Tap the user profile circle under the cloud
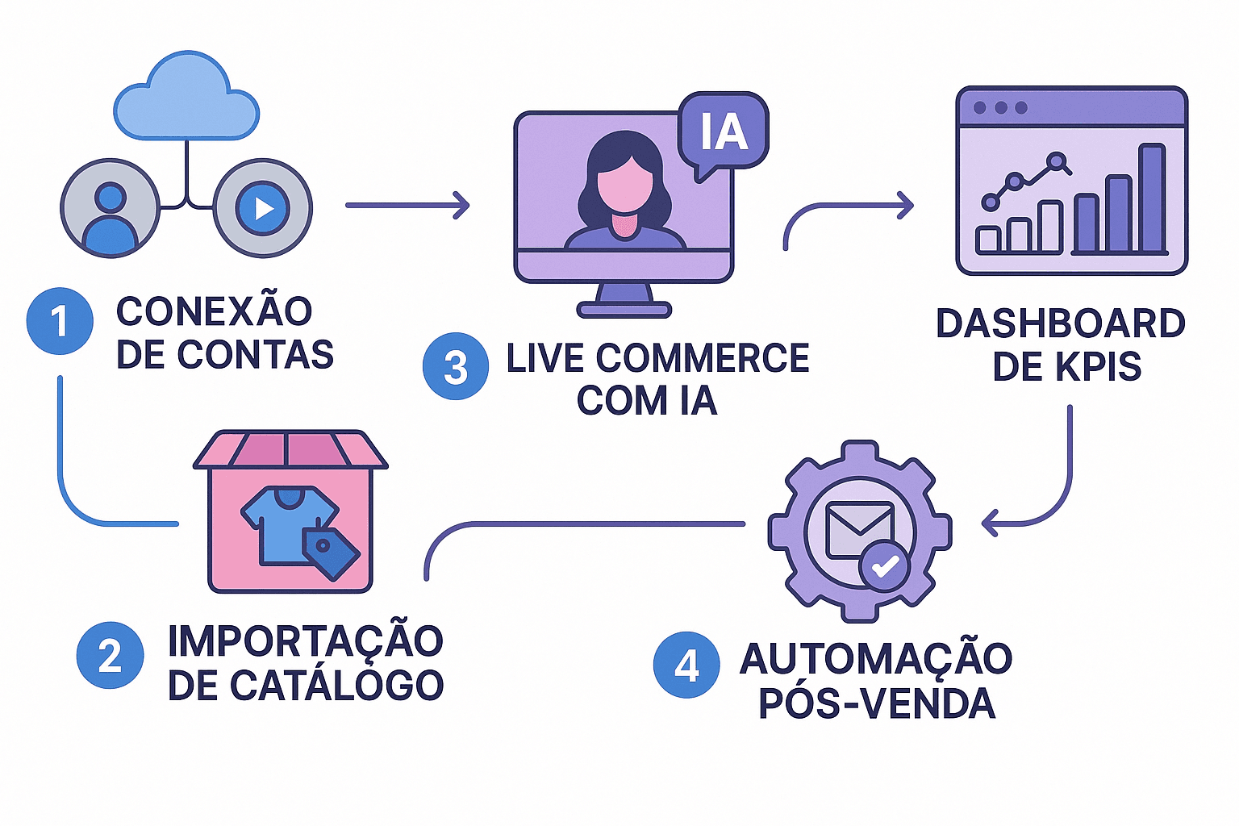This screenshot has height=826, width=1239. (x=111, y=208)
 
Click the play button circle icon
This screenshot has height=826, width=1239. (x=262, y=208)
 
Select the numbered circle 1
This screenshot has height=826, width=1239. (x=60, y=321)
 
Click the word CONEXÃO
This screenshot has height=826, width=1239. (x=214, y=311)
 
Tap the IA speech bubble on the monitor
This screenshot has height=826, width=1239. (x=723, y=131)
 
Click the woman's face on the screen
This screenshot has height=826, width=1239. (x=625, y=182)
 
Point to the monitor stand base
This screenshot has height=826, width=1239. (x=624, y=309)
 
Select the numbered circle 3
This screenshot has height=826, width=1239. (x=456, y=367)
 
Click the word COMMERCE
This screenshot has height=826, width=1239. (x=702, y=358)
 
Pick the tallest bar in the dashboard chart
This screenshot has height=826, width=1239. (x=1152, y=198)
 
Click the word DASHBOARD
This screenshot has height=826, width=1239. (x=1060, y=323)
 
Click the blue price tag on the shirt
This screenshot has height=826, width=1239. (x=331, y=553)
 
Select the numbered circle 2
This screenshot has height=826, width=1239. (x=111, y=655)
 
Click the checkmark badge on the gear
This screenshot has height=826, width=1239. (x=885, y=565)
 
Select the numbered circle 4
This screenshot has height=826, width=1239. (x=686, y=665)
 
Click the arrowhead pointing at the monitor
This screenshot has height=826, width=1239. (x=461, y=205)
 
